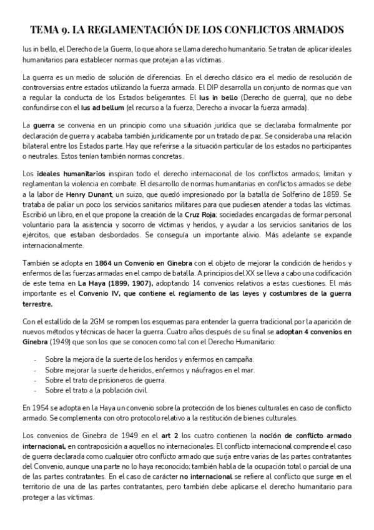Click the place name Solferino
point(307,196)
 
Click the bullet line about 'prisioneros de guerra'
point(97,379)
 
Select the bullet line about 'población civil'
point(96,391)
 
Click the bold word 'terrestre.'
point(37,304)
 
